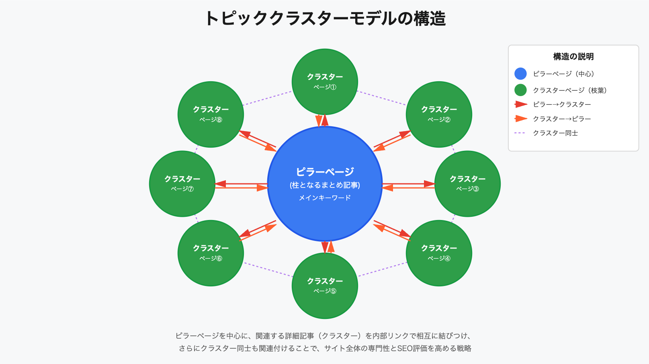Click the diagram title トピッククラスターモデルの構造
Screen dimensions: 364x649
[x=325, y=19]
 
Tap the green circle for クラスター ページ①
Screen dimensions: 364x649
[x=325, y=82]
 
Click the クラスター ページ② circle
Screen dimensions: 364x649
[x=439, y=114]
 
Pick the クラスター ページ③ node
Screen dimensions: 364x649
[x=467, y=184]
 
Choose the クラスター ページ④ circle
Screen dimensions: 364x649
[x=439, y=253]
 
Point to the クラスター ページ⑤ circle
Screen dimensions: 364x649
[x=325, y=286]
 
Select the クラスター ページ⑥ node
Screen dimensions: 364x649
[x=211, y=253]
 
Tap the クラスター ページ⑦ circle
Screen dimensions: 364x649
[x=182, y=184]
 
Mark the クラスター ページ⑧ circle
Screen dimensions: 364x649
[x=211, y=114]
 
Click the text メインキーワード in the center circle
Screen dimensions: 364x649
[x=325, y=197]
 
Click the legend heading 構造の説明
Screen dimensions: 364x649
[x=573, y=57]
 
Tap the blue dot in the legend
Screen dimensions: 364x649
[x=520, y=74]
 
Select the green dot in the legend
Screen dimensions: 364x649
[x=520, y=90]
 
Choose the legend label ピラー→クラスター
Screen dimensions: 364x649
[x=562, y=105]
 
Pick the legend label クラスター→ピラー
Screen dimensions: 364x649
[x=562, y=119]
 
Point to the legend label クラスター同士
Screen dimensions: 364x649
[x=555, y=133]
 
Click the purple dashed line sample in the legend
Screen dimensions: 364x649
[x=520, y=133]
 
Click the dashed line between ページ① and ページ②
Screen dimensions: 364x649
[x=381, y=98]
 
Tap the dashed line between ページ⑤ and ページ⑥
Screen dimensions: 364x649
[x=268, y=270]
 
